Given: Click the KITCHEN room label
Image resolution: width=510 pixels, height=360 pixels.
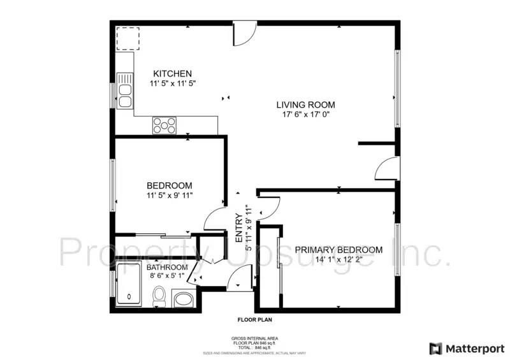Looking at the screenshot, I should tap(172, 74).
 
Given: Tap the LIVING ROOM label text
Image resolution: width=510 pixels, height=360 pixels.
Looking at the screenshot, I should tap(305, 104).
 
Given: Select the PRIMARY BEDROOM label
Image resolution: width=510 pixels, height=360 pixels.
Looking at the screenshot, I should tap(339, 250).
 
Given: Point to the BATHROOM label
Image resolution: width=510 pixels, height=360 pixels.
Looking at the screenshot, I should tap(169, 267).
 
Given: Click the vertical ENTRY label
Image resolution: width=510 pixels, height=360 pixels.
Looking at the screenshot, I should tap(239, 227).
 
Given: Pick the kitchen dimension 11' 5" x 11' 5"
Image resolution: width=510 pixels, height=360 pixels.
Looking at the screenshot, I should tap(172, 83).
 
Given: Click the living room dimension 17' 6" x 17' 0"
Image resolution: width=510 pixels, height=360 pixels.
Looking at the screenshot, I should tap(305, 115).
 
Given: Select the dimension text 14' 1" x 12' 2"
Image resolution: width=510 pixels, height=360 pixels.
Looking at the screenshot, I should tap(339, 260).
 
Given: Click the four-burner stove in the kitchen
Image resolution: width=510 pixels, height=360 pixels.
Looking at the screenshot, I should tap(164, 126).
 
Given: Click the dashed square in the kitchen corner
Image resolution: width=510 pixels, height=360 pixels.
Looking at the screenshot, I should tap(127, 38).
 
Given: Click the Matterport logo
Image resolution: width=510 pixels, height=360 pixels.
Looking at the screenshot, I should tap(467, 349).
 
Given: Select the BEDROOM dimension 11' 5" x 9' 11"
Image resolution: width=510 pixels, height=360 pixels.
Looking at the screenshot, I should tap(169, 196).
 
